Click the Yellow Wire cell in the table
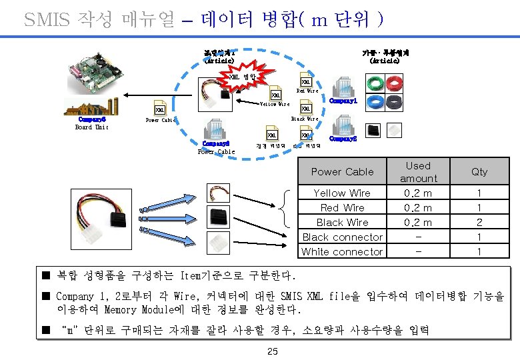click(342, 193)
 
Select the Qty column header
click(479, 171)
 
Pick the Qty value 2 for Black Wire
click(479, 222)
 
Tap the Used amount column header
click(418, 171)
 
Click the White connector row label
click(342, 251)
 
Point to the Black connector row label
click(342, 237)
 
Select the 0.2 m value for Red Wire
click(418, 207)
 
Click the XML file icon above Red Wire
click(306, 82)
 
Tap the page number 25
click(272, 351)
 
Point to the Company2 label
click(343, 139)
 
